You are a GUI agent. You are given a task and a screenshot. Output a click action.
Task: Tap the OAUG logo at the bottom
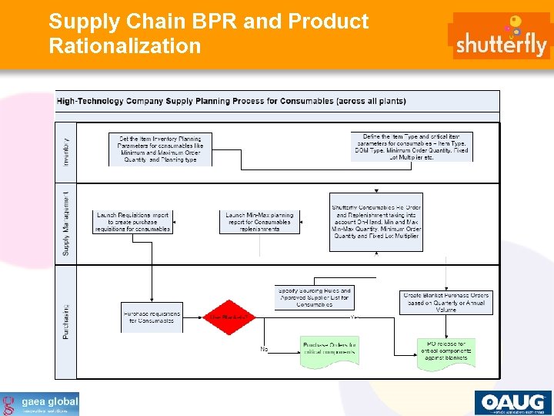(x=512, y=403)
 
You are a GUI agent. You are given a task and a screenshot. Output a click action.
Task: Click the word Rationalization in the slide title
(x=125, y=45)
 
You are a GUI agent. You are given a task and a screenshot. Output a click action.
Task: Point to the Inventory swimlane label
(x=66, y=151)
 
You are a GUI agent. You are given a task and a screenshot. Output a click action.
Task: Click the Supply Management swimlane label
(x=66, y=223)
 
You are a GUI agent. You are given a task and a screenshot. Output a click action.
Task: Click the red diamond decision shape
(x=229, y=317)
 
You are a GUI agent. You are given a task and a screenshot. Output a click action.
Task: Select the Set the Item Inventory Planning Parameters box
(x=160, y=149)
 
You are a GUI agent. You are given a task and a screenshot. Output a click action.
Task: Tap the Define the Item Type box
(x=412, y=146)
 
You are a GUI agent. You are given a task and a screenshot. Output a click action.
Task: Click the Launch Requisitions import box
(x=133, y=222)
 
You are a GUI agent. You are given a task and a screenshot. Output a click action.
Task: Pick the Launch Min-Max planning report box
(x=259, y=222)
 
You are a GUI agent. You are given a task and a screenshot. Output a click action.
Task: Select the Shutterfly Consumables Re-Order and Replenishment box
(x=376, y=222)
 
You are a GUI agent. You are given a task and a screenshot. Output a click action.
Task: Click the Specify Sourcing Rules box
(x=314, y=297)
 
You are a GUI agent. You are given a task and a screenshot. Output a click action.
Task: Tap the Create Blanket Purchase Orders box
(x=446, y=302)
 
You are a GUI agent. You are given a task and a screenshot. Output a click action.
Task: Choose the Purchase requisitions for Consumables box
(x=152, y=317)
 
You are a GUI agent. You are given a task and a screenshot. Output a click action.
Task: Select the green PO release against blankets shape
(x=446, y=353)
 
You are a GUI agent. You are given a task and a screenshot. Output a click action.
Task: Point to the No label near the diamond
(x=264, y=349)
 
